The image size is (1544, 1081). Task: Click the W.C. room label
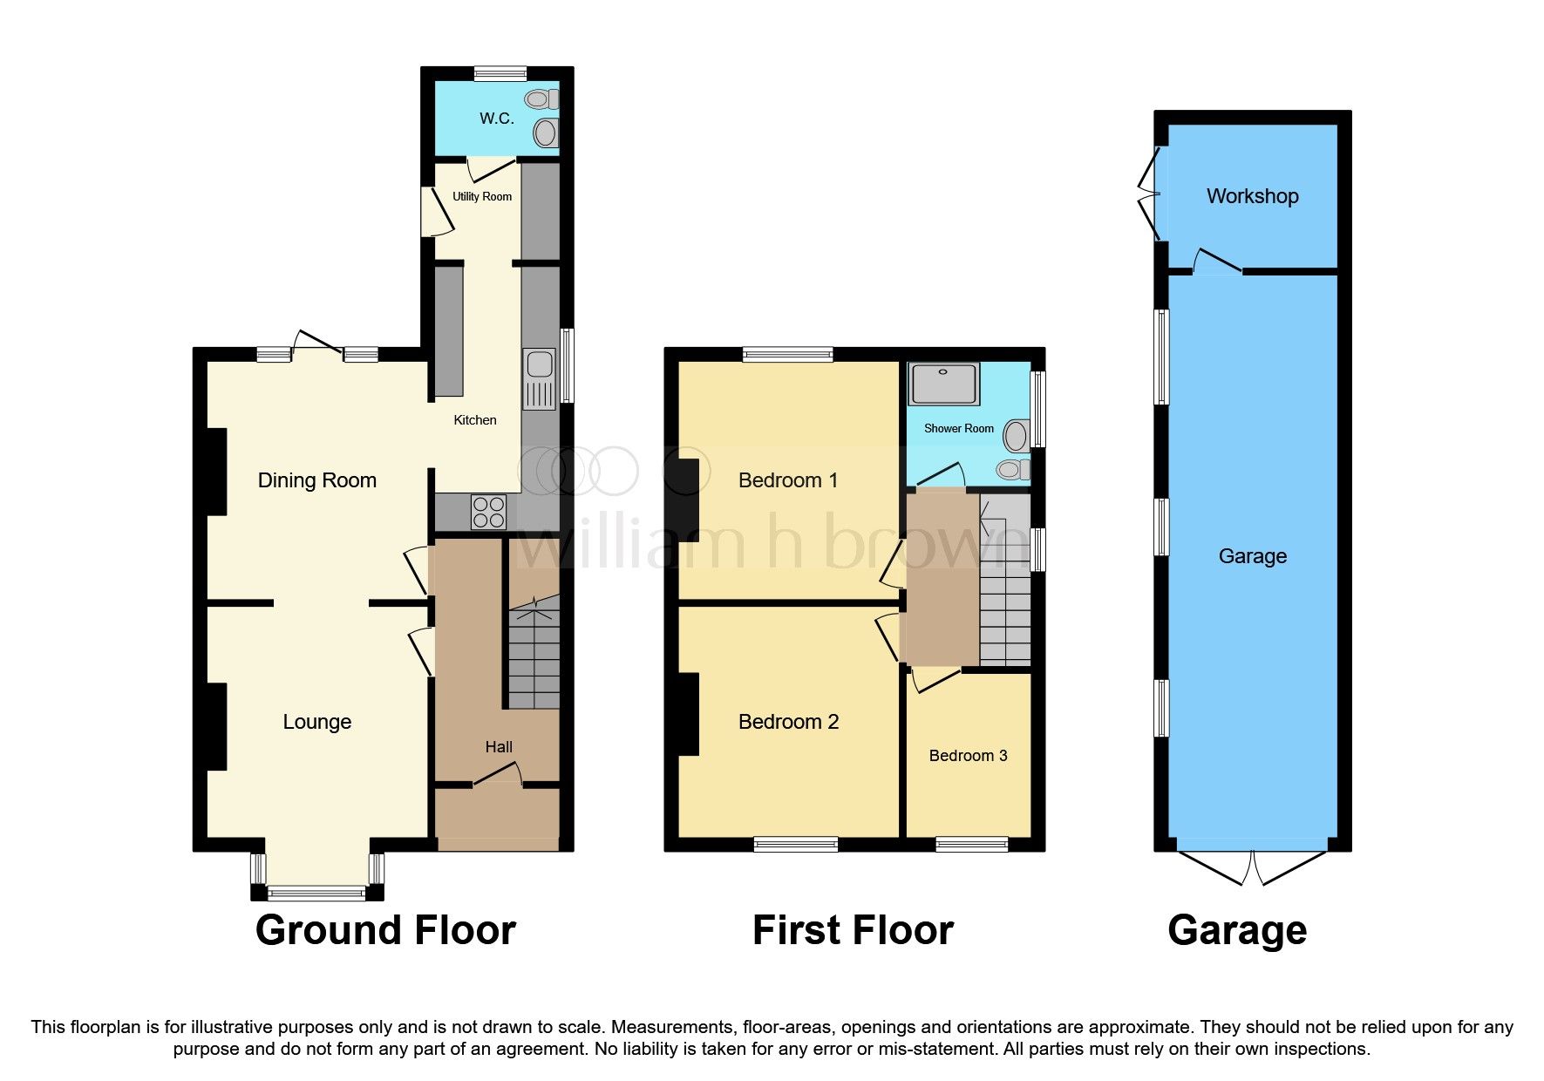pos(496,119)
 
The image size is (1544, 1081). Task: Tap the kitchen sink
pos(539,378)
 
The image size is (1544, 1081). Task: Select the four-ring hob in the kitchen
pos(488,512)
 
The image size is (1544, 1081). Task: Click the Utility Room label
pos(482,197)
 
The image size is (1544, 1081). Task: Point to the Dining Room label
pos(317,480)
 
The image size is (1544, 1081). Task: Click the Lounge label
pos(317,722)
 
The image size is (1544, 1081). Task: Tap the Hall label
pos(499,747)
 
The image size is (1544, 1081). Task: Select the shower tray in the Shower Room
pos(943,384)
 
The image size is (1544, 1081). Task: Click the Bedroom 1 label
pos(788,480)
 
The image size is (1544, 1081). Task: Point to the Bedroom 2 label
pos(788,722)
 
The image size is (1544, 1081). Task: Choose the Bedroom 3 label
pos(968,756)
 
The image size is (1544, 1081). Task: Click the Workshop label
pos(1252,196)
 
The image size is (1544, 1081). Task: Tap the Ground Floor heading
pos(385,930)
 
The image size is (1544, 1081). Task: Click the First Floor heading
pos(853,930)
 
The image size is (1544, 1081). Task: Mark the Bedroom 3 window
pos(971,844)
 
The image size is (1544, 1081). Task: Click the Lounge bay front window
pos(316,892)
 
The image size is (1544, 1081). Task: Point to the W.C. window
pos(500,74)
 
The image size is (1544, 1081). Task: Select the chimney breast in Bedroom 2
pos(689,714)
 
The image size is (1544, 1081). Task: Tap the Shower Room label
pos(958,429)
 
